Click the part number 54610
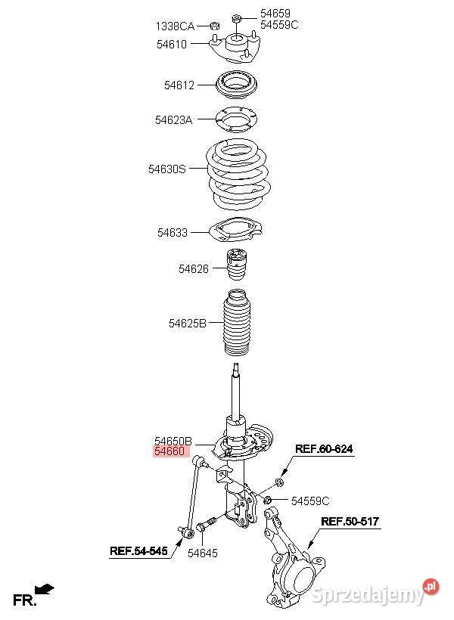pyautogui.click(x=172, y=45)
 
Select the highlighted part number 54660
pyautogui.click(x=169, y=451)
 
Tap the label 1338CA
pyautogui.click(x=175, y=26)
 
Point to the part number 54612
pyautogui.click(x=179, y=85)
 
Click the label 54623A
pyautogui.click(x=173, y=119)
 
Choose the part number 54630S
pyautogui.click(x=166, y=169)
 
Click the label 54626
pyautogui.click(x=193, y=269)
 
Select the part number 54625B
pyautogui.click(x=187, y=324)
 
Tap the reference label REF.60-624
pyautogui.click(x=324, y=449)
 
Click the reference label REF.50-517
pyautogui.click(x=350, y=521)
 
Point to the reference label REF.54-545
pyautogui.click(x=138, y=550)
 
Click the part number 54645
pyautogui.click(x=202, y=553)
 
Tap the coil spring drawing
pyautogui.click(x=238, y=175)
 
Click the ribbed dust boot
pyautogui.click(x=236, y=323)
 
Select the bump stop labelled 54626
pyautogui.click(x=236, y=264)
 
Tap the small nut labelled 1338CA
pyautogui.click(x=215, y=26)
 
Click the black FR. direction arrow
pyautogui.click(x=45, y=589)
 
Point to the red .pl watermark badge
pyautogui.click(x=431, y=587)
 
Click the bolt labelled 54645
pyautogui.click(x=206, y=524)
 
